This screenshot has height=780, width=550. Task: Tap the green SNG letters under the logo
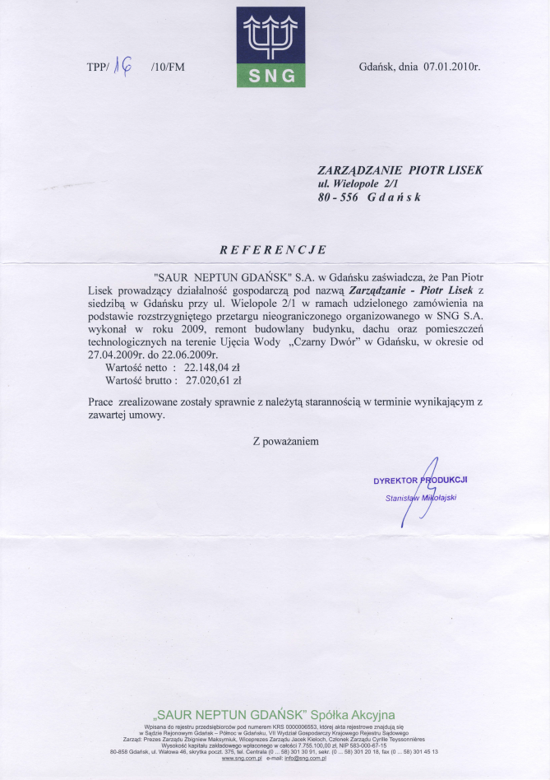coord(270,77)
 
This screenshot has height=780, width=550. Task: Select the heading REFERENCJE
coord(273,249)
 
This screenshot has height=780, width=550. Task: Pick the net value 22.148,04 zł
coord(213,368)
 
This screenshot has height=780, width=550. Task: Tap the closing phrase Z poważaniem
coord(285,441)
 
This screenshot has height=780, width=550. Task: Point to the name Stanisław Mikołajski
coord(421,498)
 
